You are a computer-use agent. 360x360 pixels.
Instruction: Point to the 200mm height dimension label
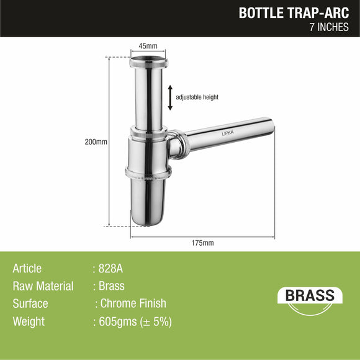pyautogui.click(x=96, y=142)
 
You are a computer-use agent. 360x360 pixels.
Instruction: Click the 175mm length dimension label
pyautogui.click(x=203, y=243)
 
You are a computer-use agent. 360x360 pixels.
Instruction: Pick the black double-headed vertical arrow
pyautogui.click(x=170, y=97)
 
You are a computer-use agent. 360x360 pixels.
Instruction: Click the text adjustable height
pyautogui.click(x=197, y=97)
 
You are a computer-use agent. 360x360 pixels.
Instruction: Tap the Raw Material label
pyautogui.click(x=43, y=286)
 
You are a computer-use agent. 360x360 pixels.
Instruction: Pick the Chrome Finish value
pyautogui.click(x=133, y=304)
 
